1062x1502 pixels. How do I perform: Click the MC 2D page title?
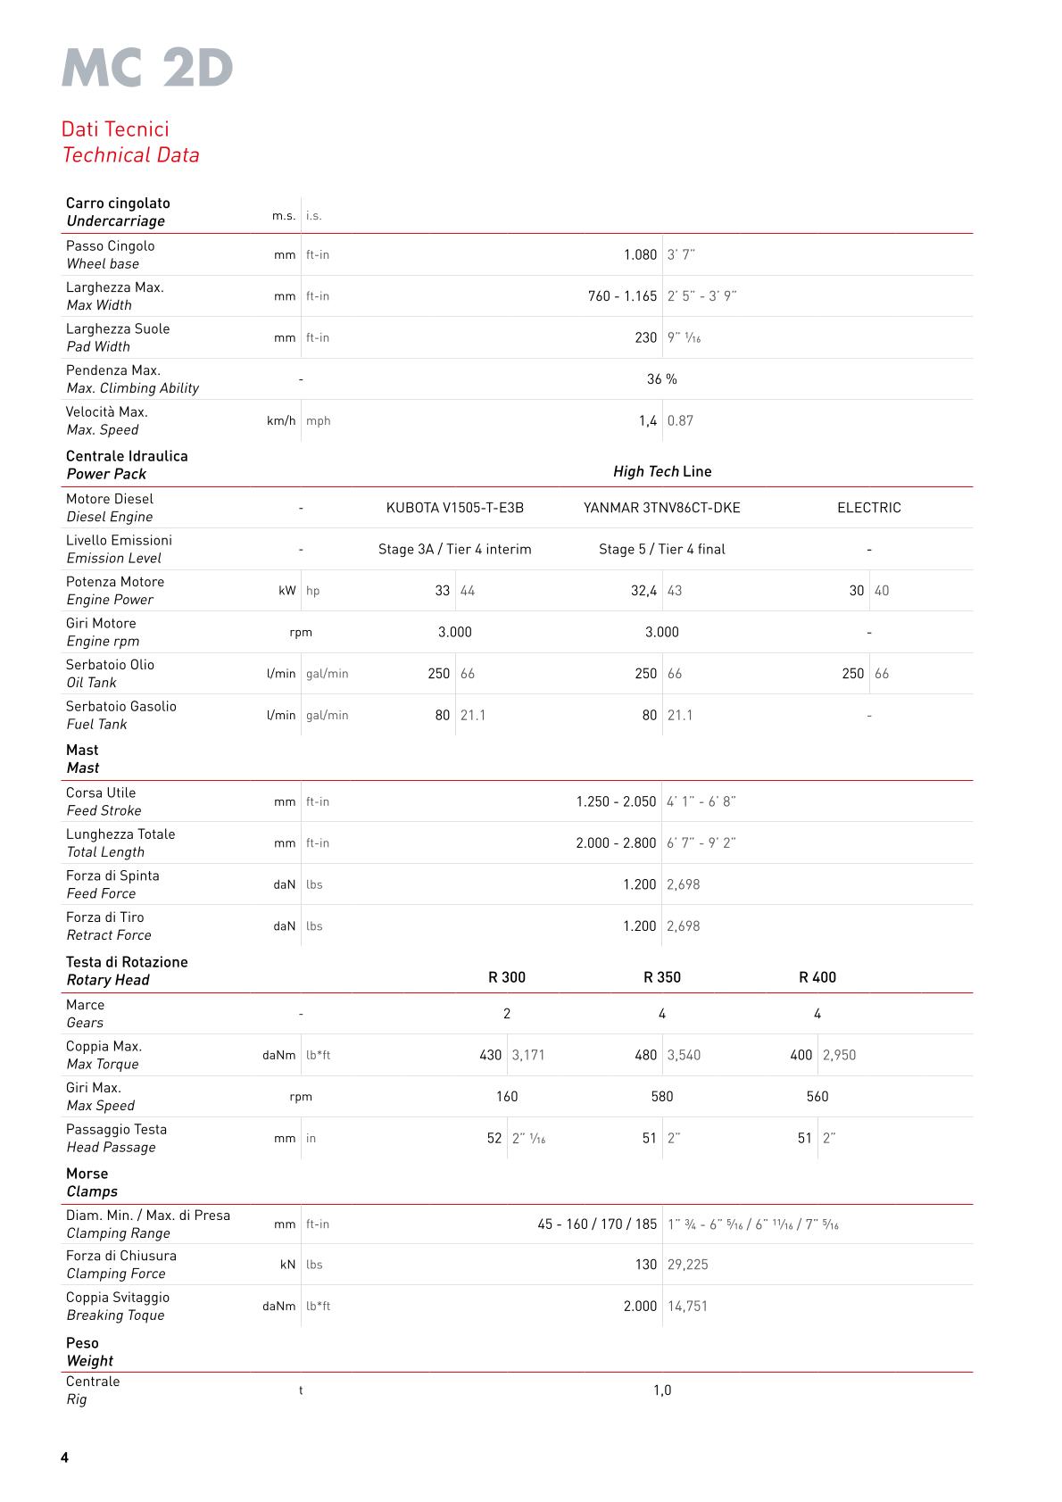click(x=147, y=68)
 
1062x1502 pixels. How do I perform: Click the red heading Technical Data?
click(x=131, y=155)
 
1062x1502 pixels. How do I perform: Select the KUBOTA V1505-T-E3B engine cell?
click(x=454, y=508)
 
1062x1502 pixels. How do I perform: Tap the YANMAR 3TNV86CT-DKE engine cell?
click(x=661, y=508)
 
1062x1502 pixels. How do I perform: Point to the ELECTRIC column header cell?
click(x=868, y=508)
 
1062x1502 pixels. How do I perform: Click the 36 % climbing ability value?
click(x=661, y=379)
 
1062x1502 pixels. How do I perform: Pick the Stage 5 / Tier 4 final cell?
click(x=661, y=550)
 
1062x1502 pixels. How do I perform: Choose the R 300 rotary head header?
click(x=506, y=977)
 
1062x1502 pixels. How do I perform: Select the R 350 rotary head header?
click(x=661, y=977)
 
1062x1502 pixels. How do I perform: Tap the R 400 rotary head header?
click(x=817, y=977)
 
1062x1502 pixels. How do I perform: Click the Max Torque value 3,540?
click(x=684, y=1055)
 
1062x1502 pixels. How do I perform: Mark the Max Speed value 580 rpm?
click(x=661, y=1097)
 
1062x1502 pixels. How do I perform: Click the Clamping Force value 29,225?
click(x=687, y=1265)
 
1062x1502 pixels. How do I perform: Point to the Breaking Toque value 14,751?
click(x=687, y=1307)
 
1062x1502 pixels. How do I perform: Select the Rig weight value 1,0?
click(x=661, y=1390)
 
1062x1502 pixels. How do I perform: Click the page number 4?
click(x=64, y=1457)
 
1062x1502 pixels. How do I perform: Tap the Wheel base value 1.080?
click(x=640, y=255)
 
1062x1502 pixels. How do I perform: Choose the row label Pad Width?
click(x=98, y=347)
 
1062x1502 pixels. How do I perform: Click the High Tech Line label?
click(x=661, y=471)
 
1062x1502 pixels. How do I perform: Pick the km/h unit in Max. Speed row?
click(x=281, y=421)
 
